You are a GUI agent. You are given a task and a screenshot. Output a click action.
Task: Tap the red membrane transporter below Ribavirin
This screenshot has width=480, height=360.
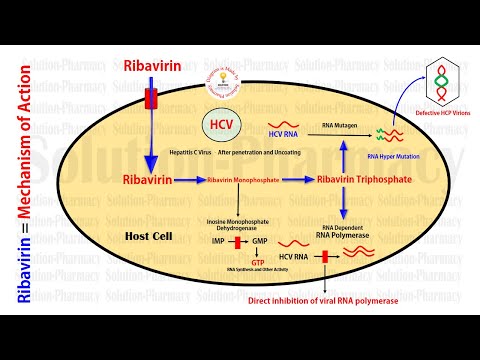[152, 99]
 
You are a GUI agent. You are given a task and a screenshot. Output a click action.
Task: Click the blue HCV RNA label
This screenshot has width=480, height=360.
[285, 132]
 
